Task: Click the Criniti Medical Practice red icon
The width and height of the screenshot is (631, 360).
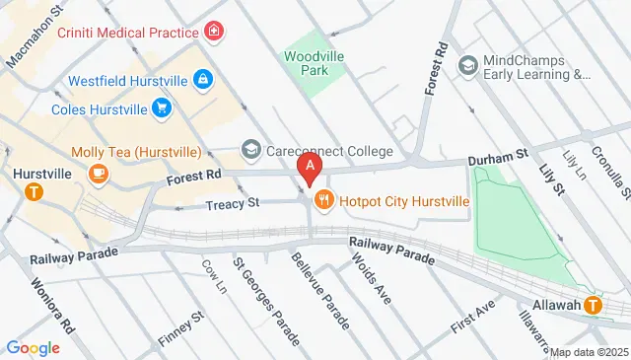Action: coord(213,33)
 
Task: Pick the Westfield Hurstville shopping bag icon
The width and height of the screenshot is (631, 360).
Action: coord(202,78)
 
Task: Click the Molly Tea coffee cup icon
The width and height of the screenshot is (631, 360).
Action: coord(98,174)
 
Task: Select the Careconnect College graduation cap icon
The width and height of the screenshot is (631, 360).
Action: coord(250,151)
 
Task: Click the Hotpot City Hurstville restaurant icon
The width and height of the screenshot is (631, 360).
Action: coord(323,201)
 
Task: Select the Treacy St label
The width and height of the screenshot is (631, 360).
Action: coord(234,203)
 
